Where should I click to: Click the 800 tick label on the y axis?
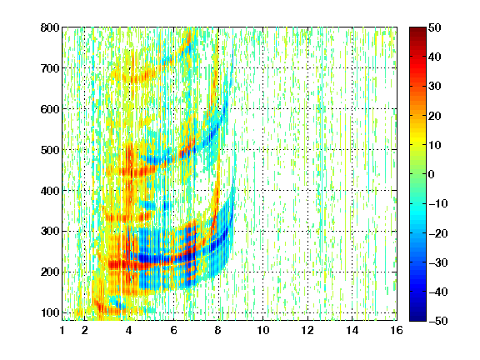point(50,27)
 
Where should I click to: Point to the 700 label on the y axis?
point(50,68)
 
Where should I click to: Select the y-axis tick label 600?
point(50,109)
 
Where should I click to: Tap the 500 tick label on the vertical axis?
point(50,150)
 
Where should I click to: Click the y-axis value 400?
point(50,191)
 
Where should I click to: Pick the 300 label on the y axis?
point(50,231)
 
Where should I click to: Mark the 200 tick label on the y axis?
point(50,272)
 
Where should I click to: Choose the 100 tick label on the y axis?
point(50,312)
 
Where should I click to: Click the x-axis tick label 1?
point(62,330)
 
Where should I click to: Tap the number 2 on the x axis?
point(85,330)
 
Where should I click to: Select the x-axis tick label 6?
point(174,330)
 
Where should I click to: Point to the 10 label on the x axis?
point(262,330)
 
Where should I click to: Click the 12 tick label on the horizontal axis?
point(307,330)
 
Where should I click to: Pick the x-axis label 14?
point(352,330)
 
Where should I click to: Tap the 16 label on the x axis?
point(397,330)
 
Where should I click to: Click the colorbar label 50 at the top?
point(435,27)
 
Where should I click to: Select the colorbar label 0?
point(432,174)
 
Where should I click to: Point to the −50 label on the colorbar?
point(438,321)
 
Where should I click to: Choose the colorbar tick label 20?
point(435,116)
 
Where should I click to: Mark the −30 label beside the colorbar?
point(438,262)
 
